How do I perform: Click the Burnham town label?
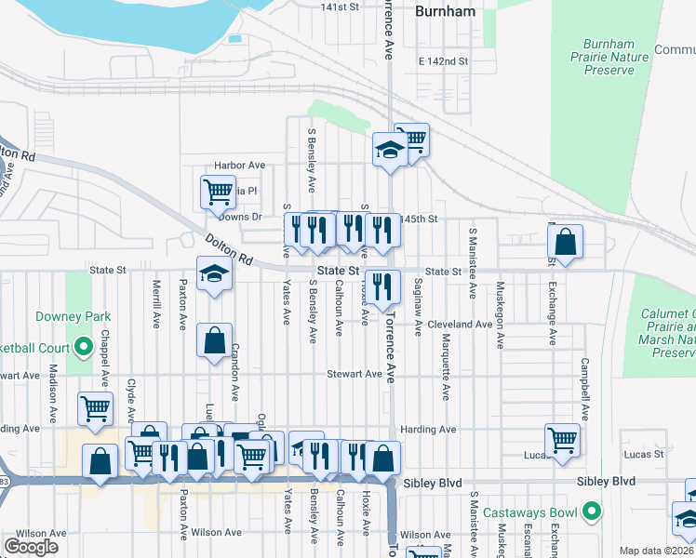[445, 12]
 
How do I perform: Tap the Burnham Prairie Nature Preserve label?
[614, 56]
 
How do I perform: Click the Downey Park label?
[67, 316]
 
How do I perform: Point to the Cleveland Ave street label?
[461, 325]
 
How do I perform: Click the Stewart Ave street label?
[354, 374]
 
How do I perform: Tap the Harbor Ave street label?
[240, 165]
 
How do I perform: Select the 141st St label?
[340, 7]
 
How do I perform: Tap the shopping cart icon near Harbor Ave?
[217, 193]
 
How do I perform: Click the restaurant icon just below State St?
[381, 286]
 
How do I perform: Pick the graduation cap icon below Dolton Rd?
[214, 273]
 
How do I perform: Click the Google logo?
[32, 547]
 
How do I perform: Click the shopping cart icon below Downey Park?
[95, 408]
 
